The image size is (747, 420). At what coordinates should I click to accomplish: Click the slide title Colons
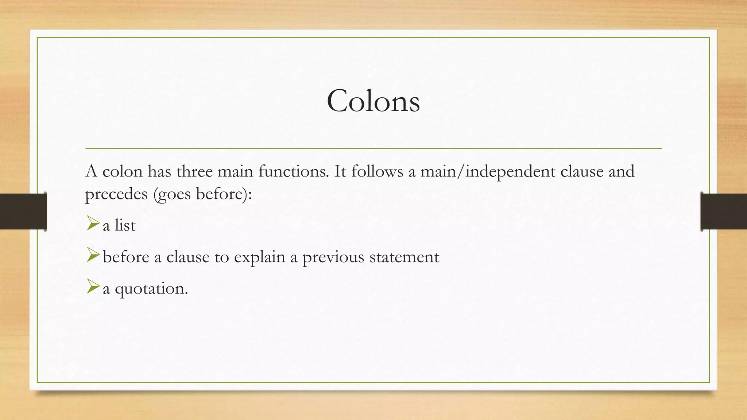[x=373, y=101]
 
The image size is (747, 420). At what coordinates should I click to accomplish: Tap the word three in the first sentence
[x=194, y=171]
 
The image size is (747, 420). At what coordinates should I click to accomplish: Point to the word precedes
[x=116, y=194]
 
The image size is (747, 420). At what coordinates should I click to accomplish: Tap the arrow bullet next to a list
[x=93, y=223]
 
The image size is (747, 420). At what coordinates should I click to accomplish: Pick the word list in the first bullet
[x=125, y=225]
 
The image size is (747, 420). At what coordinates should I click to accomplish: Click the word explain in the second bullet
[x=259, y=257]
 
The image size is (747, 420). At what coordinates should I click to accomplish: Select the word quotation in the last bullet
[x=151, y=289]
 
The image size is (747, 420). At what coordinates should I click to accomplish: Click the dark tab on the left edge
[x=23, y=211]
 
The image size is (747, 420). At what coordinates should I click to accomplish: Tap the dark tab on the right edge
[x=724, y=211]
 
